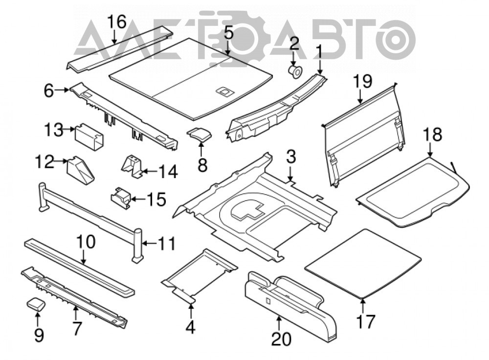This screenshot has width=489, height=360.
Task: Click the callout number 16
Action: coord(116,22)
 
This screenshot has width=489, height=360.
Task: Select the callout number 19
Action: coord(362,81)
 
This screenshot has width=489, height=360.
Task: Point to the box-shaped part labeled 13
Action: coord(89,136)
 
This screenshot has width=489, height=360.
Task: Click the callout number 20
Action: coord(281,338)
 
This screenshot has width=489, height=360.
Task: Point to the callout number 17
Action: coord(365,322)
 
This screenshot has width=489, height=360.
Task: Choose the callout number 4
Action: coord(191,327)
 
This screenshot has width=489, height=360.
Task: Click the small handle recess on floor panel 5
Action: coord(224,91)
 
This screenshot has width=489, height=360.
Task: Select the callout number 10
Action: coord(86,242)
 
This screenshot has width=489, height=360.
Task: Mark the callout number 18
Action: coord(432,135)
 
